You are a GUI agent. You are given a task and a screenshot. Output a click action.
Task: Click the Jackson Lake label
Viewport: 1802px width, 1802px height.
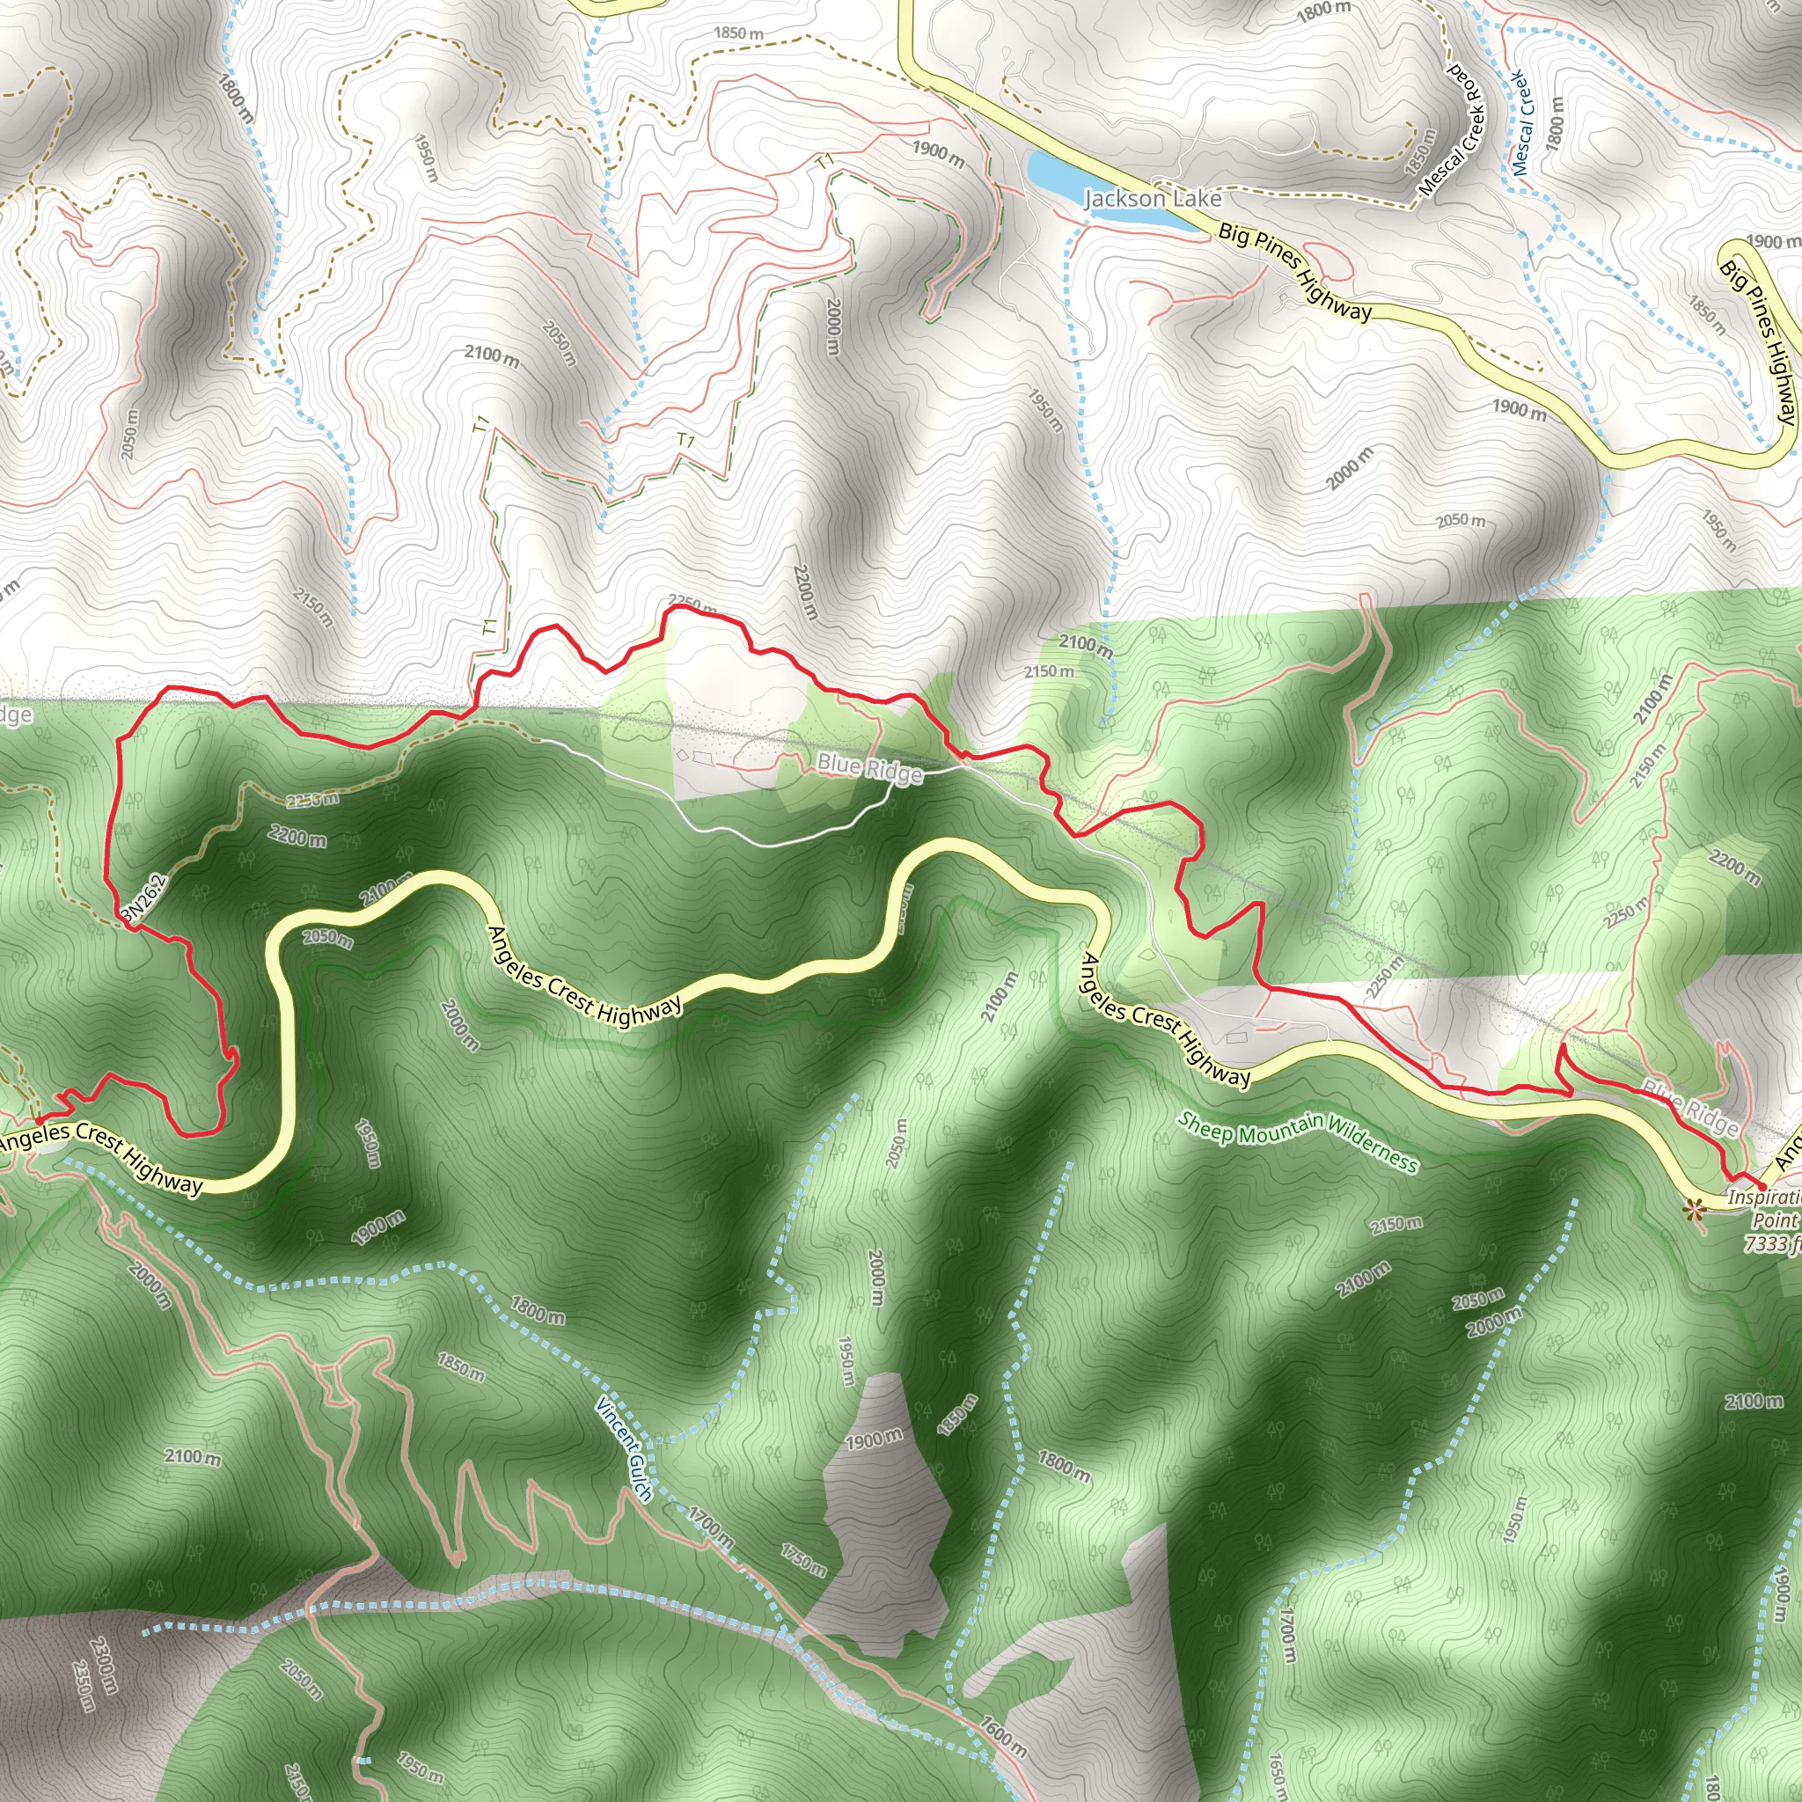click(x=1152, y=199)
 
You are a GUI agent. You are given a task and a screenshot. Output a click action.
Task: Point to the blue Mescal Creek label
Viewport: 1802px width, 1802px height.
click(x=1521, y=123)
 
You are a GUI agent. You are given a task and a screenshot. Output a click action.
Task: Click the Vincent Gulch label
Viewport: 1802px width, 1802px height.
click(x=623, y=1449)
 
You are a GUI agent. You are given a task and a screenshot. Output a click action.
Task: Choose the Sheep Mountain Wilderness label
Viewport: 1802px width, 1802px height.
click(x=1298, y=1141)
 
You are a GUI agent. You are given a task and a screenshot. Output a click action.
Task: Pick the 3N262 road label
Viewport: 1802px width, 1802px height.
click(x=143, y=900)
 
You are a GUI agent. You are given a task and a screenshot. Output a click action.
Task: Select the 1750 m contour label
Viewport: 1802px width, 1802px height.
click(x=803, y=1558)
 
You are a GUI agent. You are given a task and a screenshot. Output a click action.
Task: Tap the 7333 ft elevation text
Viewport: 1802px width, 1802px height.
click(x=1772, y=1243)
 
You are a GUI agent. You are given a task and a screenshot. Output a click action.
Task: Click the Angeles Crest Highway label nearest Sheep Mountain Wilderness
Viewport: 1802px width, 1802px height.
click(x=1164, y=1021)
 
